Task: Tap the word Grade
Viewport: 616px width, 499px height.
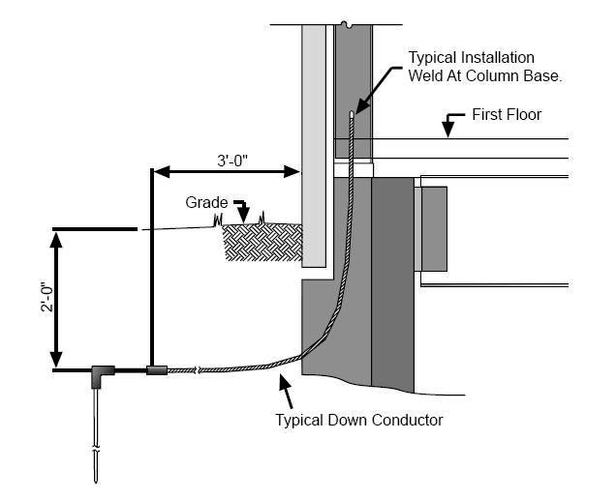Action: (207, 203)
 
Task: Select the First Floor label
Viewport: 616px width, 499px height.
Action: (507, 115)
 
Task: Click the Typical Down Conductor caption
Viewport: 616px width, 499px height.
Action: (359, 421)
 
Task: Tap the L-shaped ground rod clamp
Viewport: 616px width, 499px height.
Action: (100, 374)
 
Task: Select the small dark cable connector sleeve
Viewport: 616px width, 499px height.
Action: (157, 369)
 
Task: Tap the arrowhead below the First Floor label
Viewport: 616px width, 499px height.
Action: (447, 130)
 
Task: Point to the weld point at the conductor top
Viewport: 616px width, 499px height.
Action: (352, 114)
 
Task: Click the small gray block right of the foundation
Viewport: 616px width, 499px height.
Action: (432, 228)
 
